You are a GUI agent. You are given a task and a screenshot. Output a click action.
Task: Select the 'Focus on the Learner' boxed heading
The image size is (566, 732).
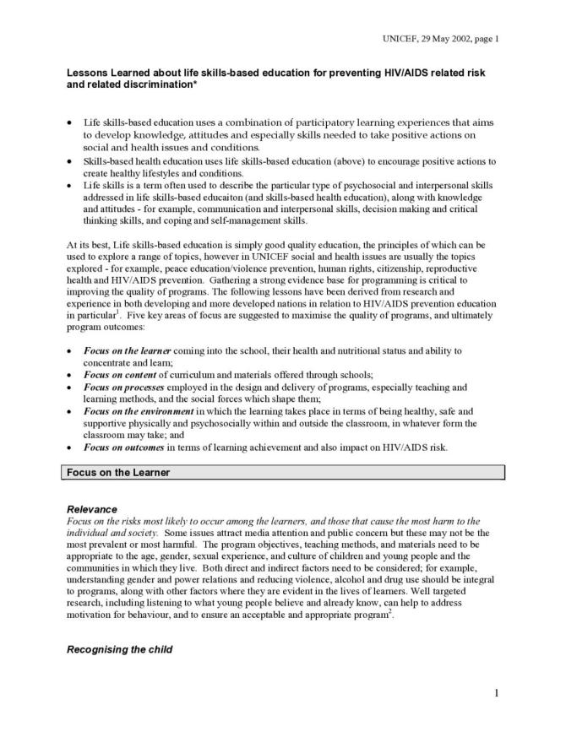tap(118, 472)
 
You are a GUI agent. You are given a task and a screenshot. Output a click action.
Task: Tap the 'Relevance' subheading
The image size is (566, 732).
tap(91, 510)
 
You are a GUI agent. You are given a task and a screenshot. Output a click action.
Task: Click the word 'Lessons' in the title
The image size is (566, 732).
tap(89, 73)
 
